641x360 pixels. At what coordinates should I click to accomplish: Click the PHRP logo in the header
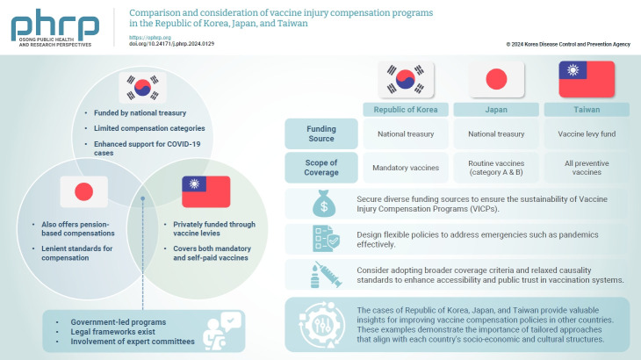point(54,26)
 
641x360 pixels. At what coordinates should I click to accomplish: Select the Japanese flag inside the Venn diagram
point(84,191)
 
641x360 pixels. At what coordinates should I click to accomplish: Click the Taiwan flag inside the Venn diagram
point(205,191)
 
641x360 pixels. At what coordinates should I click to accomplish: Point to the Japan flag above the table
point(495,80)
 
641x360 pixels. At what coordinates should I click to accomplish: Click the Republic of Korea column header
point(406,110)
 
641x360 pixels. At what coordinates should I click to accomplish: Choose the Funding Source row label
point(321,134)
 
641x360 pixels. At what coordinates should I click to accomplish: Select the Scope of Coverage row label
point(321,166)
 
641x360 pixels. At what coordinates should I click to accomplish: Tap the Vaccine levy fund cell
point(586,134)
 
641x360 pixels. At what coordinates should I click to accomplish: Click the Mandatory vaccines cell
point(406,166)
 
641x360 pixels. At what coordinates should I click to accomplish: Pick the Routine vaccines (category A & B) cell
point(495,166)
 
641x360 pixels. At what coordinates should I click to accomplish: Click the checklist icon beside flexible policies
point(320,240)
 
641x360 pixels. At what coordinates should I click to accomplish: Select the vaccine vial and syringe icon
point(320,275)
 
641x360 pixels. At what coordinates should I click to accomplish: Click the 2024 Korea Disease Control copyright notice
point(568,43)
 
